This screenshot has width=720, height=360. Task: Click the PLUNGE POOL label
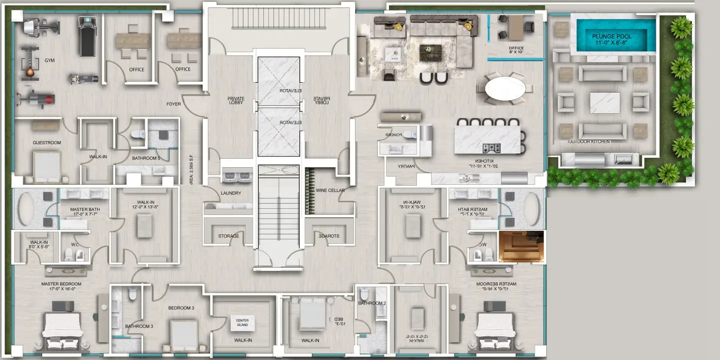pos(612,37)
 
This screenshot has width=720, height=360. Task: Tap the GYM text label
pos(50,61)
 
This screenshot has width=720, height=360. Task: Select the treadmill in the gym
pos(86,36)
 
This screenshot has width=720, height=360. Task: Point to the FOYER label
pos(174,104)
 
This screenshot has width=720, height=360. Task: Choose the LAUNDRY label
pos(231,193)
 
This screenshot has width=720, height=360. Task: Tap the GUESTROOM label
pos(47,143)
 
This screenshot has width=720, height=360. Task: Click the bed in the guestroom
pos(47,165)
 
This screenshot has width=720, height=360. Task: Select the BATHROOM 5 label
pos(146,158)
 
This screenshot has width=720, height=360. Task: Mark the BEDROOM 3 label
pos(181,308)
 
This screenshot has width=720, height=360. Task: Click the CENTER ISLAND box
pos(242,323)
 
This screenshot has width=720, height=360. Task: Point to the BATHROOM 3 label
pos(139,326)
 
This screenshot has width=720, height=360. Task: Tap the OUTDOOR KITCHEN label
pos(589,142)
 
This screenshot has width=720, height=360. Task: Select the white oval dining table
pos(505,89)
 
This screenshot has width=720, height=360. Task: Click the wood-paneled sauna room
pos(521,246)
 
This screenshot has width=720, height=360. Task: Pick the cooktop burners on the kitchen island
pos(491,148)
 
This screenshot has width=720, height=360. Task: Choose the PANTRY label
pos(407,167)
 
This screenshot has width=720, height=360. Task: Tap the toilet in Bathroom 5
pos(139,134)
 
